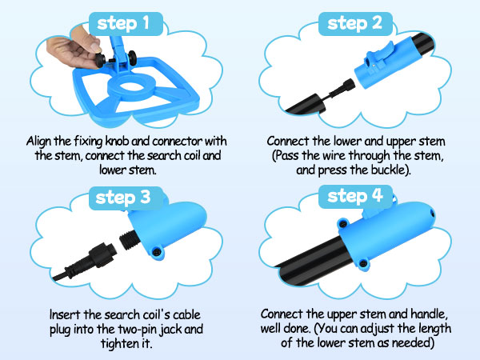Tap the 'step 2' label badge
point(355,23)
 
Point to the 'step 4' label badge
point(355,197)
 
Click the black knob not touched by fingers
point(133,58)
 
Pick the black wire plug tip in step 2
point(348,84)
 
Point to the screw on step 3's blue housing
point(158,252)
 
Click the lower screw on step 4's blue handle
point(363,262)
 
